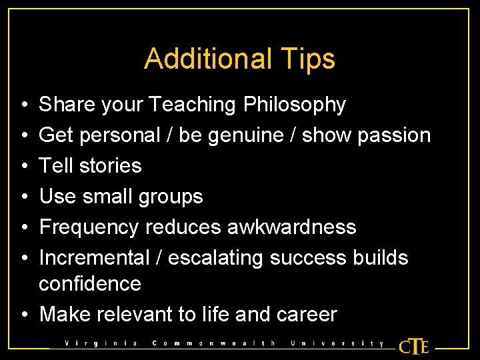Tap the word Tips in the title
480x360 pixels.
309,59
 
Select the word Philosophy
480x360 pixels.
295,105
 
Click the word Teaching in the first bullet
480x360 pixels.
193,105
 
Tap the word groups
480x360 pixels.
169,196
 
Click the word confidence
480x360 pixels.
90,283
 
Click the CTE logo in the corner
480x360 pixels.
414,346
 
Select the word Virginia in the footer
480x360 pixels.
101,344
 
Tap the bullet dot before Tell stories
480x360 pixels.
23,166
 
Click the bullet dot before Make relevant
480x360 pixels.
23,315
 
